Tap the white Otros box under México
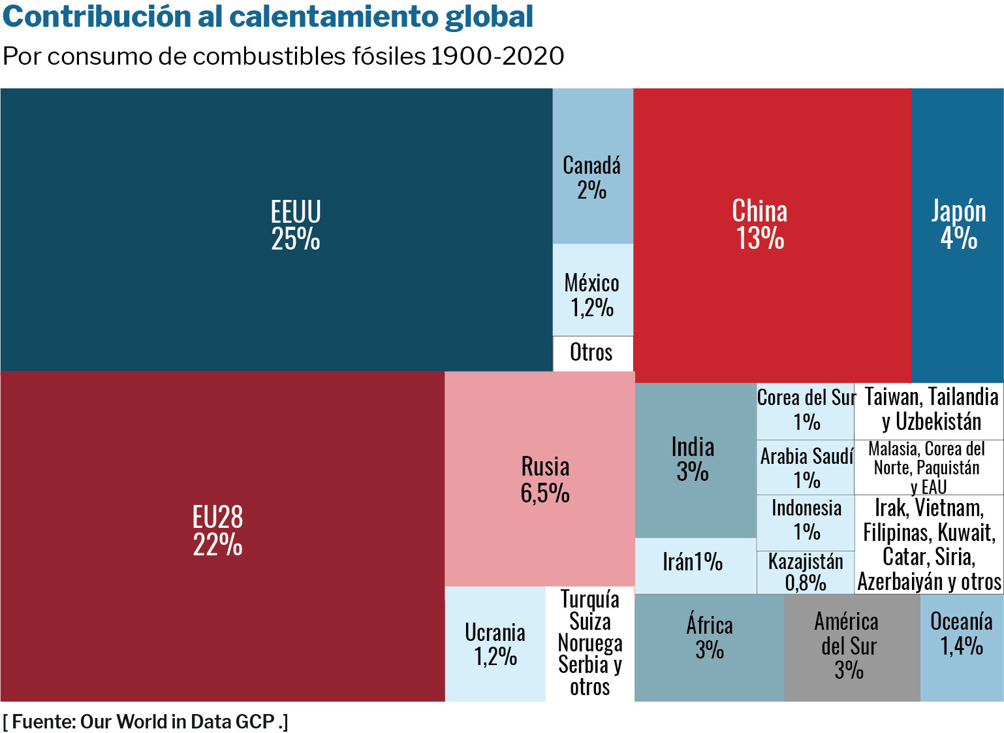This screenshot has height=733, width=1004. point(592,353)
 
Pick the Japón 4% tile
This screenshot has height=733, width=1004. point(957,235)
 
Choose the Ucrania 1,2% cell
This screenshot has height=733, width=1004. point(495,644)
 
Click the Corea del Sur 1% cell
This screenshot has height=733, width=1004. point(806,410)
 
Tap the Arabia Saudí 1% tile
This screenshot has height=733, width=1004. point(806,468)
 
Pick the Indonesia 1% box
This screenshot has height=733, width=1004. point(806,521)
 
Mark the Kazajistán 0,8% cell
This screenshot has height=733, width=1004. point(806,572)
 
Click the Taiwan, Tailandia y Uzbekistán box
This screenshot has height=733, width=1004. point(930,410)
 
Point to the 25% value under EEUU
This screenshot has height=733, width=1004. point(296,240)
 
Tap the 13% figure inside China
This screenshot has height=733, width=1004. point(760,239)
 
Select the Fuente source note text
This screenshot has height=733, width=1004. point(145,722)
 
